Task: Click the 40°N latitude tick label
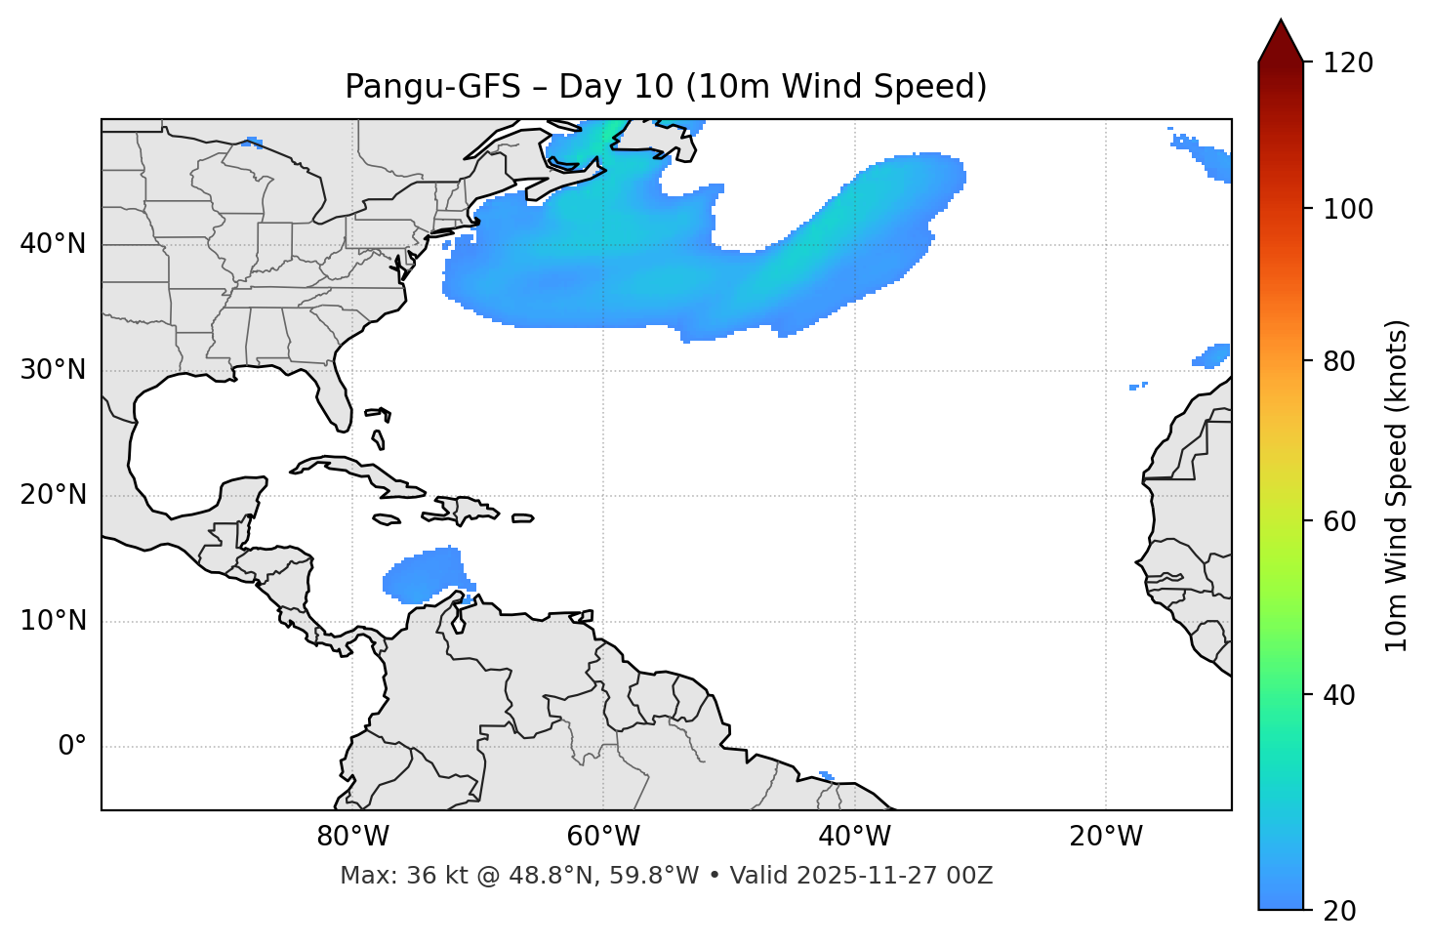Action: click(x=53, y=244)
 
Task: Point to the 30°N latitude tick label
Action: click(x=53, y=370)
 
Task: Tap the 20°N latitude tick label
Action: click(x=53, y=495)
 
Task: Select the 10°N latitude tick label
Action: click(x=53, y=621)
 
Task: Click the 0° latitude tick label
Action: click(x=71, y=747)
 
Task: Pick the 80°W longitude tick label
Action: click(x=352, y=837)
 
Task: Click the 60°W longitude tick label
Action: click(x=603, y=837)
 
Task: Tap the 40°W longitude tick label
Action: click(x=854, y=837)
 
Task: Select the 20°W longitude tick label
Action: click(x=1105, y=837)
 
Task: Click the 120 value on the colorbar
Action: click(x=1347, y=63)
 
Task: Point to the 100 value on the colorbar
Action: click(x=1347, y=209)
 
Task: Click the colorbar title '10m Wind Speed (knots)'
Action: click(x=1397, y=486)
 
